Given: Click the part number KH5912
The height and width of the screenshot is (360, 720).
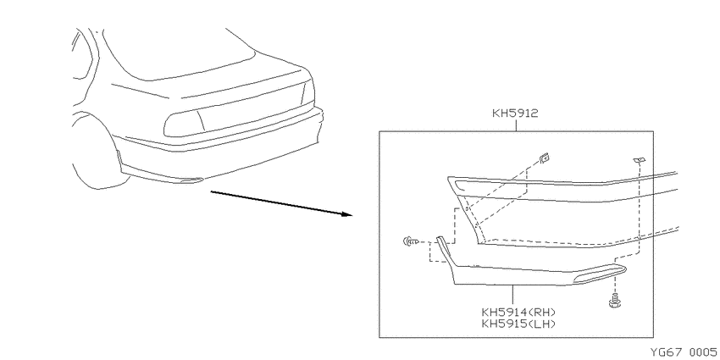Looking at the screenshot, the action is pyautogui.click(x=515, y=114).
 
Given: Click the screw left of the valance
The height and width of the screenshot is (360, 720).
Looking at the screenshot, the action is pyautogui.click(x=411, y=241).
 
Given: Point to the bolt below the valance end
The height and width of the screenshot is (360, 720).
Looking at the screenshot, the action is pyautogui.click(x=613, y=302).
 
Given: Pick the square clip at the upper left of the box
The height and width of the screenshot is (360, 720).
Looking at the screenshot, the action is pyautogui.click(x=545, y=158).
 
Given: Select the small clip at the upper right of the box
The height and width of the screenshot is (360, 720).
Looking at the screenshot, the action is pyautogui.click(x=639, y=160).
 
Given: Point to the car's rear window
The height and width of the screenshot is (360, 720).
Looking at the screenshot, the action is pyautogui.click(x=179, y=53).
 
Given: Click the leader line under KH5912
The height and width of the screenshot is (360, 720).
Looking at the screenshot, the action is pyautogui.click(x=516, y=125).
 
